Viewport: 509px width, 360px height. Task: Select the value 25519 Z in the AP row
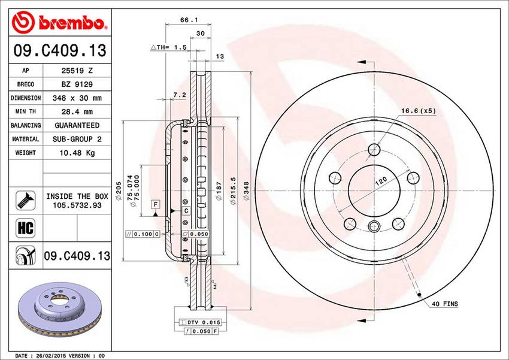coord(77,70)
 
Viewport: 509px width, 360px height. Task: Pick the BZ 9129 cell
coord(77,84)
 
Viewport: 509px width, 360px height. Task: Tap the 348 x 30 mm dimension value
coord(77,98)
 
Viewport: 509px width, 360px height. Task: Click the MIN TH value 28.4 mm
coord(77,111)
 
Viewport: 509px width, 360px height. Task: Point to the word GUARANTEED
coord(77,125)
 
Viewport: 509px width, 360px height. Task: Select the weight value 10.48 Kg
coord(77,153)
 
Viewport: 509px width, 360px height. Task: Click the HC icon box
coord(25,228)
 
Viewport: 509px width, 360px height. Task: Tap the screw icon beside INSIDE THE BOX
coord(25,200)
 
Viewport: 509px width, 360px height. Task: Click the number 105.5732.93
coord(77,205)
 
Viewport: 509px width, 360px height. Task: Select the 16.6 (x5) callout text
coord(419,110)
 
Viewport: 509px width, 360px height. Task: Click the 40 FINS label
coord(444,304)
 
